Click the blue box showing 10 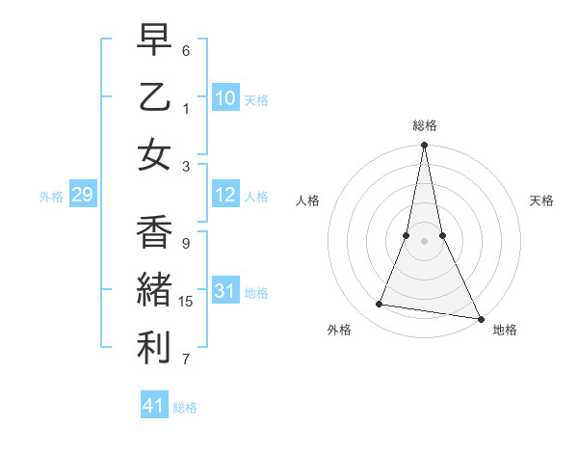[x=225, y=98]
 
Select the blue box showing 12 [x=225, y=196]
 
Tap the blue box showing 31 [x=225, y=291]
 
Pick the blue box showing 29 [x=82, y=196]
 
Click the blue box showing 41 [x=154, y=406]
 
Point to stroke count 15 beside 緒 [x=187, y=302]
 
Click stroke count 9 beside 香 [x=186, y=244]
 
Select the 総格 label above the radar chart [x=425, y=125]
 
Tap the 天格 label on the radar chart [x=542, y=200]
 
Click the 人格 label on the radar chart [x=307, y=200]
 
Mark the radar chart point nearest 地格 [x=480, y=317]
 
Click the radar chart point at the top [x=424, y=146]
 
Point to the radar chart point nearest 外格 [x=380, y=305]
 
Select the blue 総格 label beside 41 [x=185, y=407]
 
